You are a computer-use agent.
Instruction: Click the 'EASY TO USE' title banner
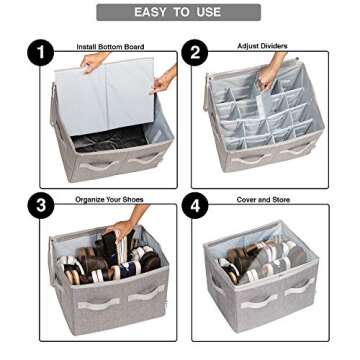179,12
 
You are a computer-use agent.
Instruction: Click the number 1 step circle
39,53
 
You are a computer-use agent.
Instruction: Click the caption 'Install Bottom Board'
109,47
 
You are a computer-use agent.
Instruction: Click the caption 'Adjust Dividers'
262,46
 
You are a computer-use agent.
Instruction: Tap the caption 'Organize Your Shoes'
109,200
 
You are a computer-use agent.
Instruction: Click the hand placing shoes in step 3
117,233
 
